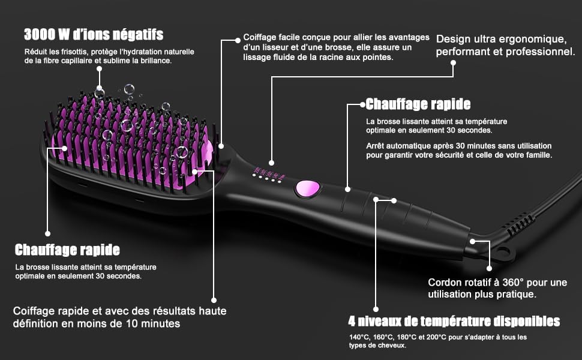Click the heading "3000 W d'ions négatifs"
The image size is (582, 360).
click(x=94, y=35)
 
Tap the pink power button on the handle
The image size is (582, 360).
click(x=308, y=188)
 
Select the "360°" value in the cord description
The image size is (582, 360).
click(x=509, y=283)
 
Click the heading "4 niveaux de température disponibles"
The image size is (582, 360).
click(x=454, y=321)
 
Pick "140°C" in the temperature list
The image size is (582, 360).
click(x=359, y=337)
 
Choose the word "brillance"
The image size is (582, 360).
click(x=156, y=61)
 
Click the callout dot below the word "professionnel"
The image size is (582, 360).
click(x=453, y=63)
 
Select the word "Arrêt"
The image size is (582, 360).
click(x=375, y=145)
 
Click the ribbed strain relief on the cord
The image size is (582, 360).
click(x=520, y=224)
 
